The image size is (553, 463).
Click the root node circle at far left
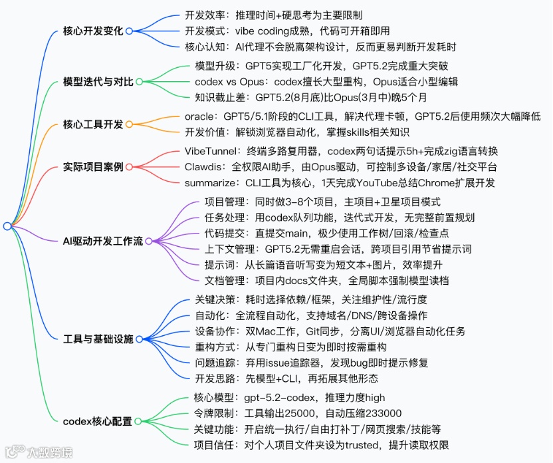click(x=7, y=226)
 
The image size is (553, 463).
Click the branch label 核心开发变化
click(x=93, y=31)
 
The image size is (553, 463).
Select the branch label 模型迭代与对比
click(x=98, y=82)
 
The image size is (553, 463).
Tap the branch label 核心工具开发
click(x=93, y=124)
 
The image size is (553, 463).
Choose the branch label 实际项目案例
click(x=93, y=166)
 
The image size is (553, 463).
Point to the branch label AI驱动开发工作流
click(x=102, y=241)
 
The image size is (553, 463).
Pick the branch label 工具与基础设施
click(x=98, y=339)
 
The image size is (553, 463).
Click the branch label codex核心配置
click(x=97, y=421)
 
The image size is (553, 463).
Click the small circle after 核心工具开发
click(x=130, y=124)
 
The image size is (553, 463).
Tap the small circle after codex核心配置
click(x=138, y=421)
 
